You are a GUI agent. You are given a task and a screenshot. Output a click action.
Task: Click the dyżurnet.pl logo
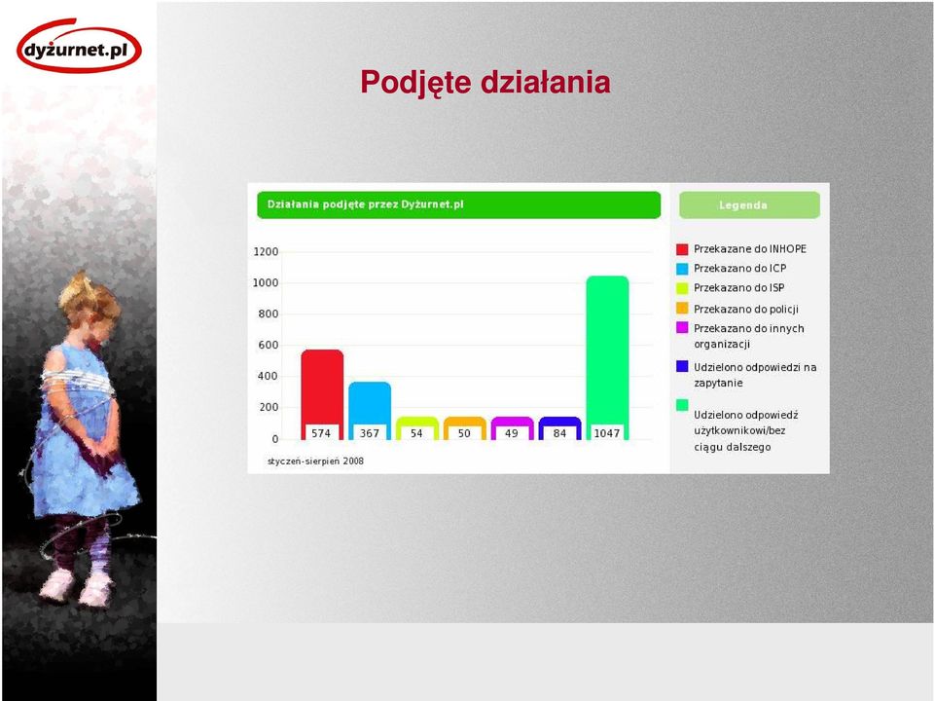pos(79,47)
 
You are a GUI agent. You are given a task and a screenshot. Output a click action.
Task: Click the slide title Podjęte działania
pos(485,82)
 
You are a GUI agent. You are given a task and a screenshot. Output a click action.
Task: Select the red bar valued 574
pos(322,394)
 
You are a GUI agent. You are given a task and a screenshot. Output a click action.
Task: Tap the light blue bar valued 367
pos(370,411)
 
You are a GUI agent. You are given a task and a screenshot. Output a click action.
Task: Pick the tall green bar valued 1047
pos(607,357)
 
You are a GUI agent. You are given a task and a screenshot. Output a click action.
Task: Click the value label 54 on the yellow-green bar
pos(416,433)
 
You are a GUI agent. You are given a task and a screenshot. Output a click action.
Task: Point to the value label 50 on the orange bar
pos(464,433)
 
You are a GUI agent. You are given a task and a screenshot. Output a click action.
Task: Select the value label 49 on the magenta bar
pos(512,433)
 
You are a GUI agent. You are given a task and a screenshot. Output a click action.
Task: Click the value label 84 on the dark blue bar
pos(559,433)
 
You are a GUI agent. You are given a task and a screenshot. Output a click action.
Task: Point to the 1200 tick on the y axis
pos(266,251)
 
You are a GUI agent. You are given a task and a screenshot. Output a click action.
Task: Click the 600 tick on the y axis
pos(269,345)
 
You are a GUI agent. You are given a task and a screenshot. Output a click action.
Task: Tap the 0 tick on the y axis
pos(275,439)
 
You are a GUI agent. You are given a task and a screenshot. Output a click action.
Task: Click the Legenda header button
pos(749,205)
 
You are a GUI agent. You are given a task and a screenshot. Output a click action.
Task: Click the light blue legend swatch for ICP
pos(682,269)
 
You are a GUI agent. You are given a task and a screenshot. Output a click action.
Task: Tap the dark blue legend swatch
pos(682,366)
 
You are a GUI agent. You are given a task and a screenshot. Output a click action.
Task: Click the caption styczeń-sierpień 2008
pos(315,461)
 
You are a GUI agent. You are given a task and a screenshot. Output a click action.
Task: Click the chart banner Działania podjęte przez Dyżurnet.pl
pos(458,205)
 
